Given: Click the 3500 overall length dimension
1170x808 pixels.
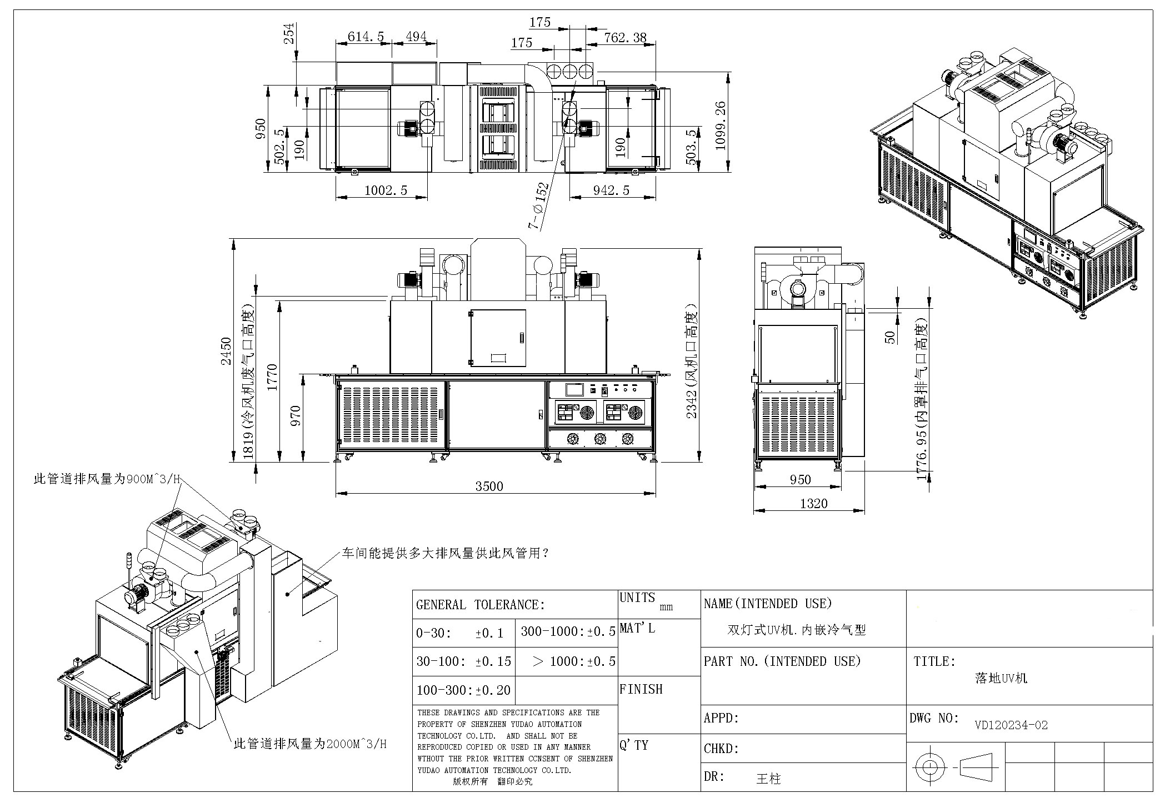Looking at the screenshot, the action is click(x=489, y=486).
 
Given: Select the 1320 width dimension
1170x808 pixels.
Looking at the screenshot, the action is click(x=813, y=504).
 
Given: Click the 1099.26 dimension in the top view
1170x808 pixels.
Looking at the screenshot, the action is click(x=721, y=125).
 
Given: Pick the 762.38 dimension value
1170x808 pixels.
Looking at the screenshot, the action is click(x=625, y=37).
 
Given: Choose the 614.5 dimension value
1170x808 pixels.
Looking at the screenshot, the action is click(x=366, y=37).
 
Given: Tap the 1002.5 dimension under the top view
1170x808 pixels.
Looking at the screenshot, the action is click(x=386, y=190).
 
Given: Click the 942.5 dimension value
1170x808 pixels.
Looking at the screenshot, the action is click(x=611, y=190).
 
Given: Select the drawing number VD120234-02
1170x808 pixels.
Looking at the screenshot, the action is click(x=1011, y=725).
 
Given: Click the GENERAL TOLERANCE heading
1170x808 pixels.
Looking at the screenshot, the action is click(x=481, y=605).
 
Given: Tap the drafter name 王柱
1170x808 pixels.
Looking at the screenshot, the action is click(x=769, y=779).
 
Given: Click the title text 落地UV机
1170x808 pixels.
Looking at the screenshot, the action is click(x=1001, y=678).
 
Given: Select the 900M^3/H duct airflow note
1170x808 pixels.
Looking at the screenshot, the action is click(x=107, y=479).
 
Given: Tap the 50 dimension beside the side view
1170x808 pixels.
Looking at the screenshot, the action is click(x=891, y=337).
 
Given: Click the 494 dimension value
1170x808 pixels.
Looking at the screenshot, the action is click(x=416, y=37).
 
